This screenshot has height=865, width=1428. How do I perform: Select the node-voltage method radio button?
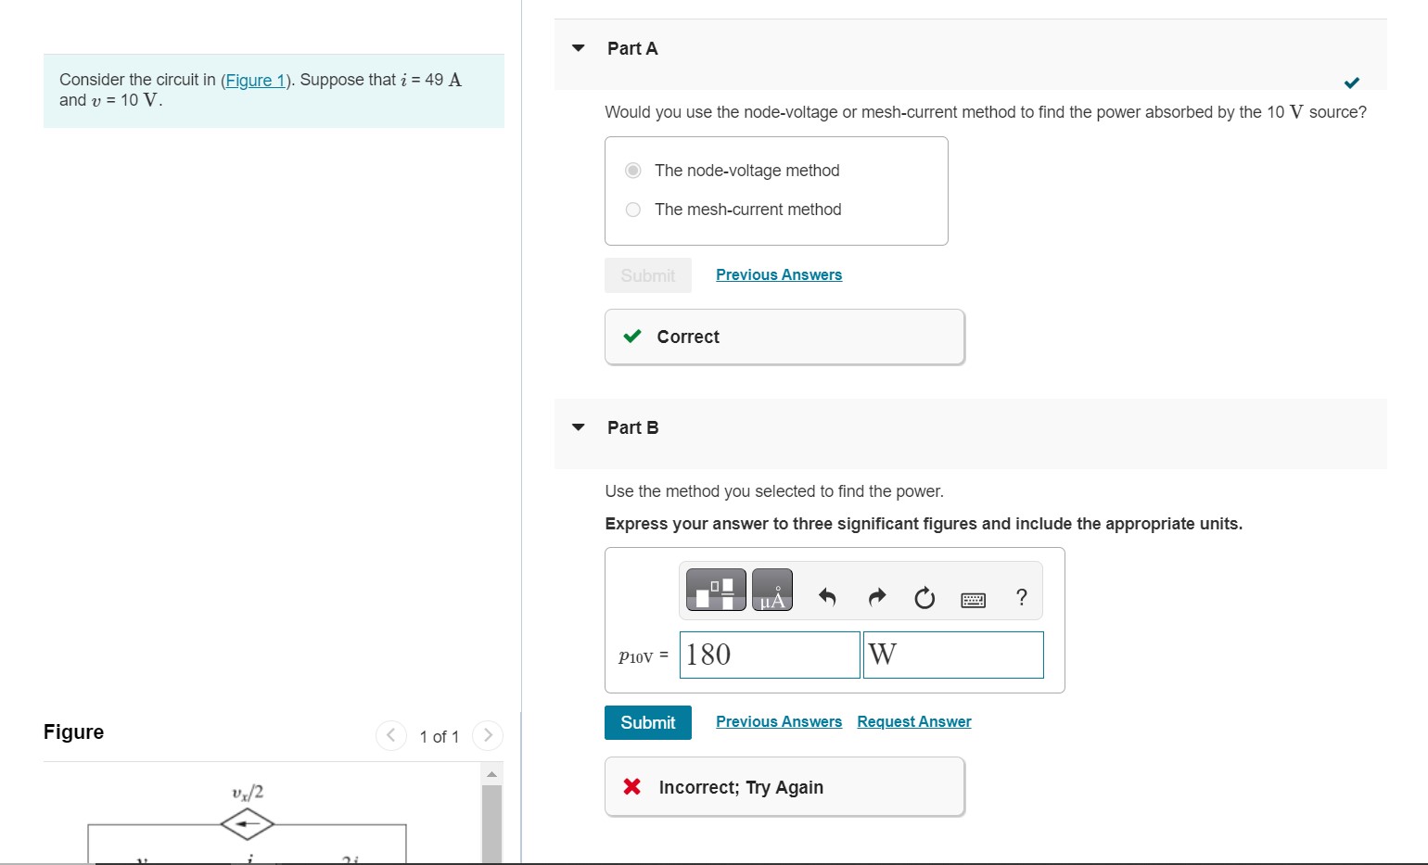pyautogui.click(x=633, y=171)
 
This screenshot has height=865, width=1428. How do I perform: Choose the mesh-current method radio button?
pyautogui.click(x=633, y=210)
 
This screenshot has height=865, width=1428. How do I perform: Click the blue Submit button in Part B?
pyautogui.click(x=647, y=722)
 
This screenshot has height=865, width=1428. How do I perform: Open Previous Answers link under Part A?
pyautogui.click(x=778, y=275)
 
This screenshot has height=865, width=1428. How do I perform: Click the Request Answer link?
pyautogui.click(x=913, y=722)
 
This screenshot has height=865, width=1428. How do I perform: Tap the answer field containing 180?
pyautogui.click(x=769, y=655)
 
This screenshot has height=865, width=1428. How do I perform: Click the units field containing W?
pyautogui.click(x=952, y=655)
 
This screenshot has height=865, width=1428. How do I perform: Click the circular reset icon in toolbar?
pyautogui.click(x=924, y=598)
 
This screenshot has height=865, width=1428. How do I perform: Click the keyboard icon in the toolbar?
pyautogui.click(x=973, y=600)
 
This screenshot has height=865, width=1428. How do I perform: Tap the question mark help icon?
pyautogui.click(x=1022, y=597)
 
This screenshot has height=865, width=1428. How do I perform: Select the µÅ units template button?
pyautogui.click(x=771, y=590)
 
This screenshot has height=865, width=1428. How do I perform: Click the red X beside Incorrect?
pyautogui.click(x=632, y=787)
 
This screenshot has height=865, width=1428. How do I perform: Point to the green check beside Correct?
pyautogui.click(x=632, y=337)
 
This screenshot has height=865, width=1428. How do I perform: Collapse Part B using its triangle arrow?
pyautogui.click(x=579, y=427)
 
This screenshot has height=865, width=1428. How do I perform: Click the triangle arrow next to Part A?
pyautogui.click(x=579, y=48)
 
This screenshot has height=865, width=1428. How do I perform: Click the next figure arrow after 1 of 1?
pyautogui.click(x=487, y=736)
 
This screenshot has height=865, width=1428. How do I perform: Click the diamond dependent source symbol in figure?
pyautogui.click(x=247, y=823)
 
